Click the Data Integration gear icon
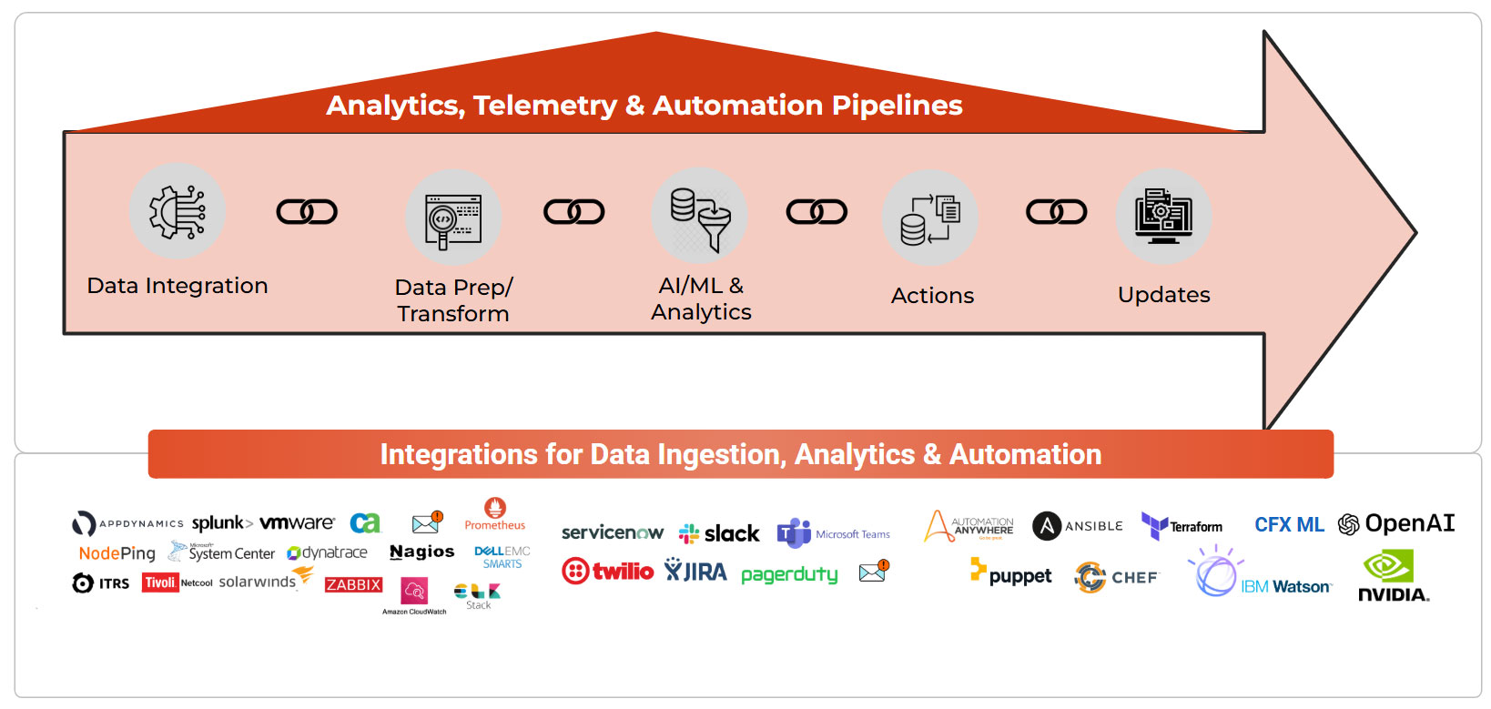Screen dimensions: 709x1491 (177, 211)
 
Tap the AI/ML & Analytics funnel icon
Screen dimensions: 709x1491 (700, 217)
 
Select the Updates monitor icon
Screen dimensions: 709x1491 (1163, 217)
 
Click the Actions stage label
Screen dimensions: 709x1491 (932, 296)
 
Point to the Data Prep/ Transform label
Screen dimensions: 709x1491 (453, 300)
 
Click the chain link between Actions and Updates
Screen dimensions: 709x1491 (1056, 212)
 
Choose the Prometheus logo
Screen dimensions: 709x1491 (495, 514)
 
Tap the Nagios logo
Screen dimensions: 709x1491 (421, 552)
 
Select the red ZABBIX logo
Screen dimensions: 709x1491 (353, 584)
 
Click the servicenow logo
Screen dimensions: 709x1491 (613, 532)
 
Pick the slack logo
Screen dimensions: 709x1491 (719, 533)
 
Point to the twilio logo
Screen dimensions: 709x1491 (608, 572)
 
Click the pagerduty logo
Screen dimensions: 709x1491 (789, 574)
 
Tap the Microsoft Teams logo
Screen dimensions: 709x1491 (833, 533)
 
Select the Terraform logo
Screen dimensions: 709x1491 (1182, 526)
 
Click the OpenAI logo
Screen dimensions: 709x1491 (1396, 523)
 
